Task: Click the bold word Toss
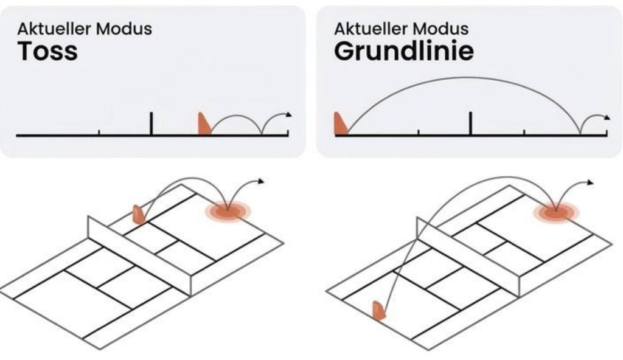[x=47, y=51]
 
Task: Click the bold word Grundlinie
[x=404, y=51]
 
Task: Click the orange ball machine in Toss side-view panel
[x=204, y=124]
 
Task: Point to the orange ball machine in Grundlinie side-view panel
[x=340, y=124]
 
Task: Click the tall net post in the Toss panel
[x=151, y=123]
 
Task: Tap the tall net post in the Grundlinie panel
[x=471, y=123]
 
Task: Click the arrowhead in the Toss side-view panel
[x=289, y=115]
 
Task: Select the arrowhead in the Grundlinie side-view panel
[x=607, y=117]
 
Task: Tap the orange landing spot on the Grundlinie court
[x=556, y=213]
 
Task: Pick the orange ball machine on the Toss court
[x=139, y=215]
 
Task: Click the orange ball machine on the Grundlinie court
[x=378, y=311]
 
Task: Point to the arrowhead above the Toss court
[x=261, y=182]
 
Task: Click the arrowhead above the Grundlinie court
[x=590, y=182]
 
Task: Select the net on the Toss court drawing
[x=140, y=256]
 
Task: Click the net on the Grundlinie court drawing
[x=468, y=257]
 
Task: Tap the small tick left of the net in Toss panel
[x=99, y=133]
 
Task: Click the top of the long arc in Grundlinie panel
[x=467, y=77]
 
